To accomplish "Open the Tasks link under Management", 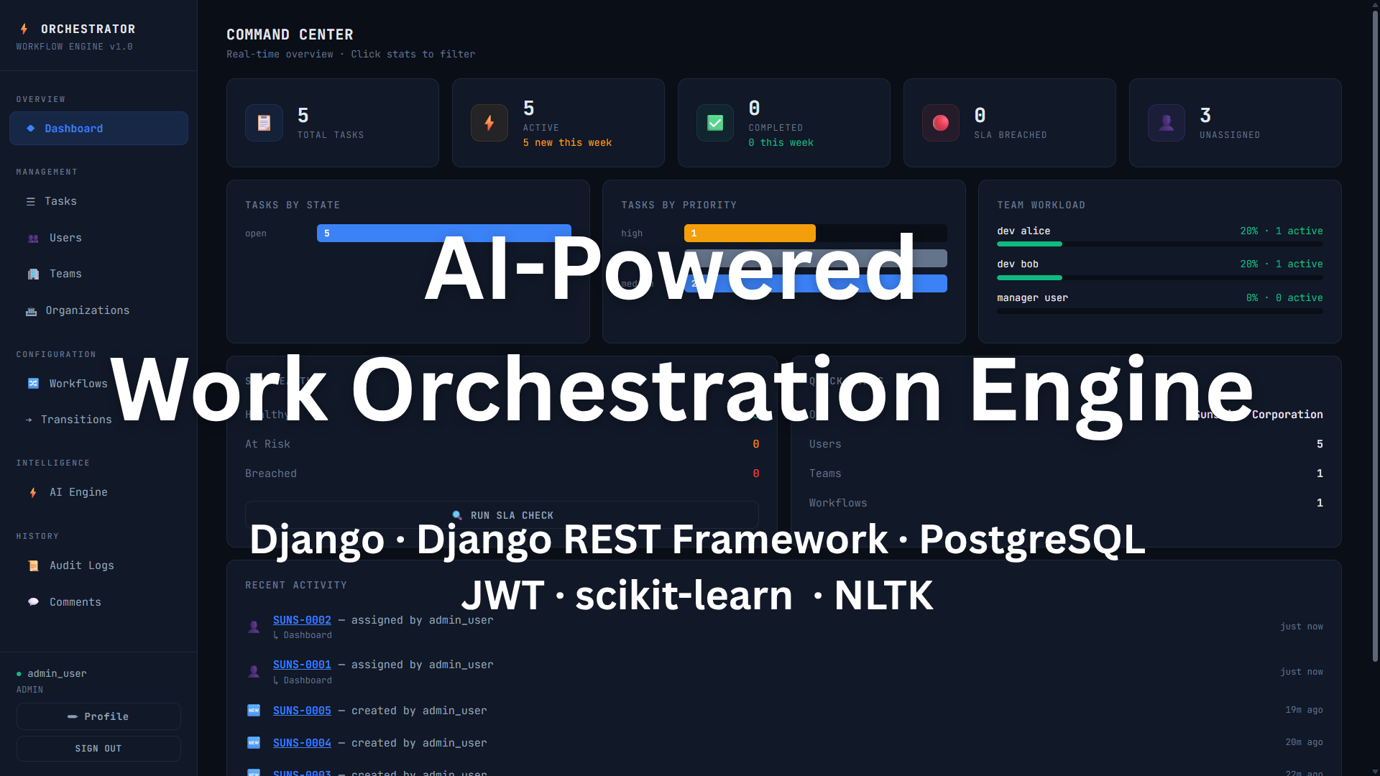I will pyautogui.click(x=60, y=201).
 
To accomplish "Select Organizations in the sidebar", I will pyautogui.click(x=87, y=310).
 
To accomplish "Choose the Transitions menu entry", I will pyautogui.click(x=76, y=420).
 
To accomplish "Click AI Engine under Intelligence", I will pyautogui.click(x=78, y=492).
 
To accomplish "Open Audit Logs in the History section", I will pyautogui.click(x=81, y=565).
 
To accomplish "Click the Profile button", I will pyautogui.click(x=98, y=716).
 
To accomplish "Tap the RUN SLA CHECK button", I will pyautogui.click(x=502, y=514).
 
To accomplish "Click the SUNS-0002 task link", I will pyautogui.click(x=302, y=620).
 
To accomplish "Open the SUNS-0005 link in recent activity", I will pyautogui.click(x=302, y=711).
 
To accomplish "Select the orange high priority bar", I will pyautogui.click(x=750, y=233).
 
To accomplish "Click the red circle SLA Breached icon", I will pyautogui.click(x=940, y=123).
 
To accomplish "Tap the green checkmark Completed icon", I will pyautogui.click(x=715, y=123).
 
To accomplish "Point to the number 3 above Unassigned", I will pyautogui.click(x=1205, y=115).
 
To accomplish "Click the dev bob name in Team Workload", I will pyautogui.click(x=1017, y=264).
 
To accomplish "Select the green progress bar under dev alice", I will pyautogui.click(x=1029, y=244).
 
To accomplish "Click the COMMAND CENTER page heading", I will pyautogui.click(x=290, y=34).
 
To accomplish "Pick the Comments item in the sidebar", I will pyautogui.click(x=75, y=602).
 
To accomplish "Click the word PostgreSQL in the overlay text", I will pyautogui.click(x=1031, y=539).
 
